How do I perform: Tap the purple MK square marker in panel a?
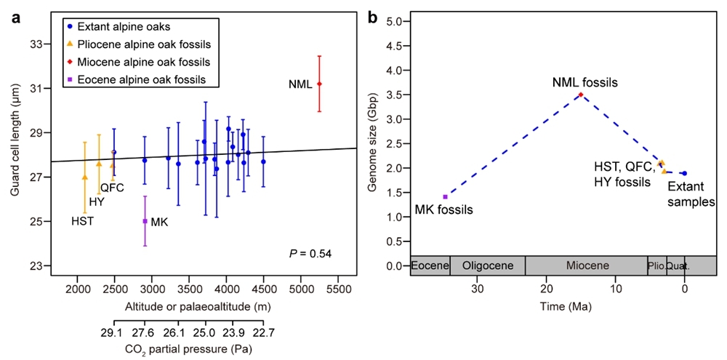pyautogui.click(x=145, y=221)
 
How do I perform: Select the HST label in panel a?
pyautogui.click(x=82, y=221)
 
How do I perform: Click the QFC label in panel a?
pyautogui.click(x=112, y=188)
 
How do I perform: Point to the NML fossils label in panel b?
pyautogui.click(x=585, y=83)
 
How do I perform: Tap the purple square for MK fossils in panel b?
pyautogui.click(x=445, y=196)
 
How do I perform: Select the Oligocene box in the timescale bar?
pyautogui.click(x=487, y=265)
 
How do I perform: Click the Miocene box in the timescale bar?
pyautogui.click(x=586, y=265)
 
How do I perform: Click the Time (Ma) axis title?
pyautogui.click(x=564, y=308)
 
